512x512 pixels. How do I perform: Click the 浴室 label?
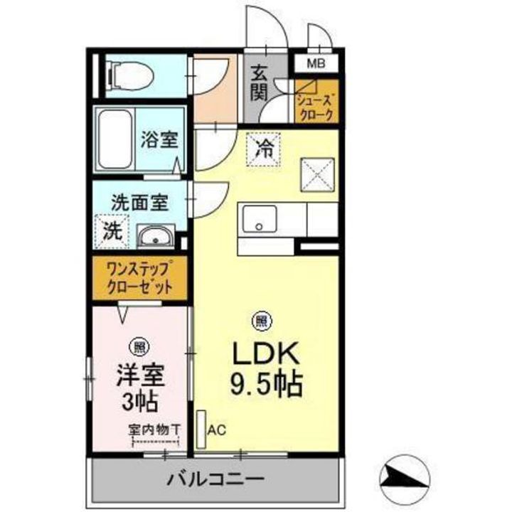click(x=159, y=140)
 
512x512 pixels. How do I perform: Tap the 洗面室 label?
click(x=139, y=202)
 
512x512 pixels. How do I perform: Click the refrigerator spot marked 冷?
click(x=263, y=149)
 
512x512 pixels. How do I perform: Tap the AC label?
click(x=217, y=430)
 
